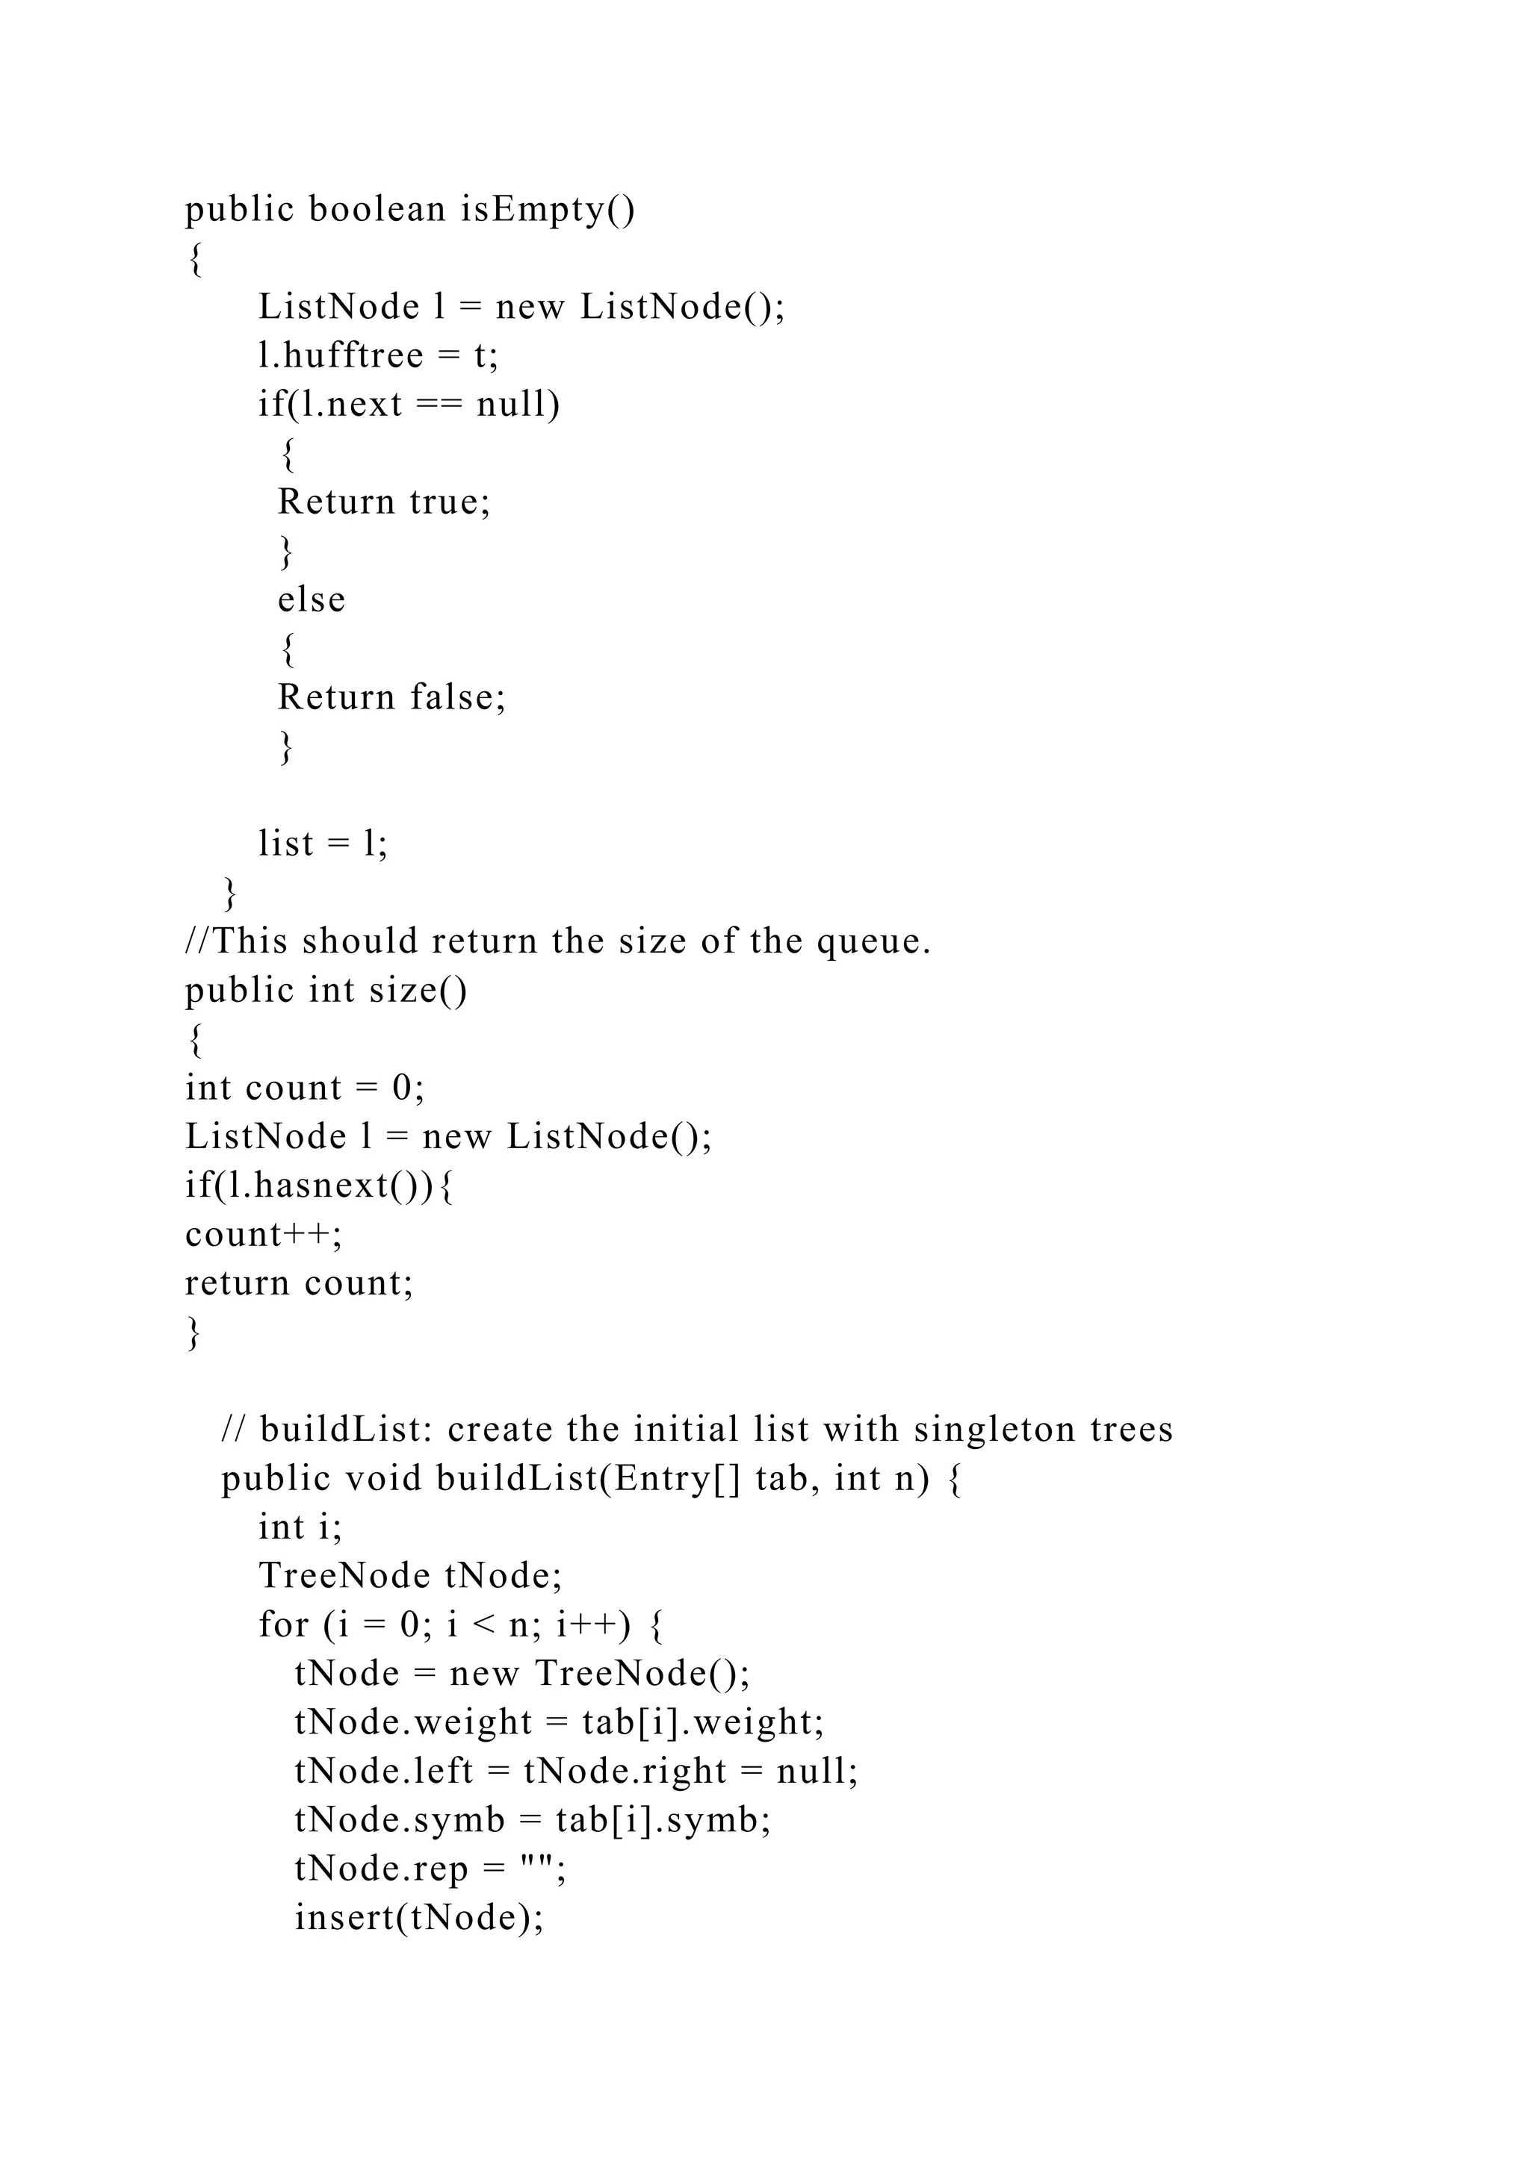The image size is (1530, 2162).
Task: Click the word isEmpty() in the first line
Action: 548,209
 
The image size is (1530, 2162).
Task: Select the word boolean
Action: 377,209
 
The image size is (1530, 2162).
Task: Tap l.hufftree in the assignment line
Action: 341,356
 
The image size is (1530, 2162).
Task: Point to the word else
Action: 311,599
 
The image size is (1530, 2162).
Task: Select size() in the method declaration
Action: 418,991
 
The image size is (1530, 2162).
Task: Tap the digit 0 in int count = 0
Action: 402,1088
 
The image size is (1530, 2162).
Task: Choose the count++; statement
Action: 264,1235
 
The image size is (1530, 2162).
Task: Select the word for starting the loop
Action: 284,1625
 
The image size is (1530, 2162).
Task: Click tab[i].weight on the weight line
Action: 703,1723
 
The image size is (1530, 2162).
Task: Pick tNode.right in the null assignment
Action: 625,1772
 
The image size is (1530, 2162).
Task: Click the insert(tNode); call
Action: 419,1918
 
